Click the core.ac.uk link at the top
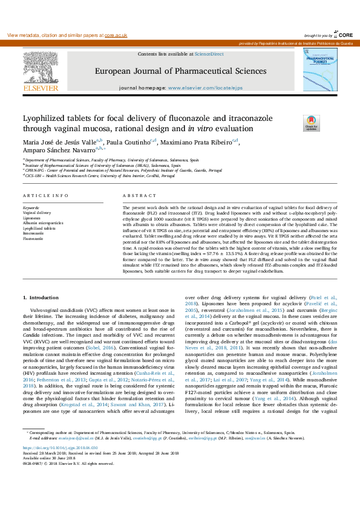[x=115, y=36]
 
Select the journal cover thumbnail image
[x=321, y=71]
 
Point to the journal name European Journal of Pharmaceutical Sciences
[x=180, y=71]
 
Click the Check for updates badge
[x=310, y=123]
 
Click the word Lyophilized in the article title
[x=46, y=118]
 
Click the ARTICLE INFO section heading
[x=45, y=196]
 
